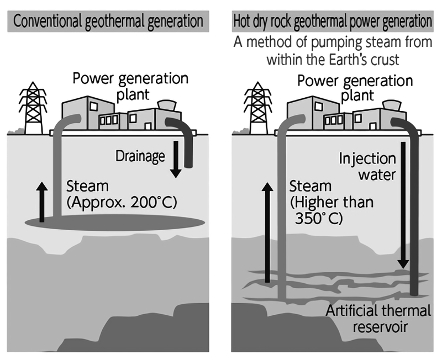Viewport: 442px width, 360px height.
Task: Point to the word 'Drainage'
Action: (x=140, y=156)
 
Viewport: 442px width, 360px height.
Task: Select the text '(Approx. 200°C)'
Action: (x=121, y=202)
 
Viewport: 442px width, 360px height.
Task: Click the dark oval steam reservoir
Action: (x=113, y=221)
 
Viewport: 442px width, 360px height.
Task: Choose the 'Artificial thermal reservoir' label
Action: (x=378, y=318)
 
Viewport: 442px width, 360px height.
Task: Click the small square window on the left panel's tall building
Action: (x=93, y=105)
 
